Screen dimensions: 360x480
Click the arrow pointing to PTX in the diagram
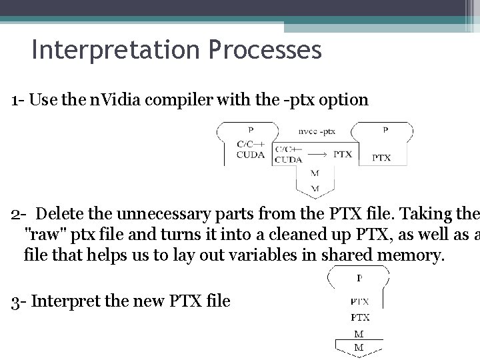[x=314, y=154]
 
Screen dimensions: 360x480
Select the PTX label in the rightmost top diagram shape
[x=381, y=158]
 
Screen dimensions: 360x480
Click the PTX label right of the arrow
[x=342, y=154]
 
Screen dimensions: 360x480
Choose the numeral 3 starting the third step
[x=15, y=301]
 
